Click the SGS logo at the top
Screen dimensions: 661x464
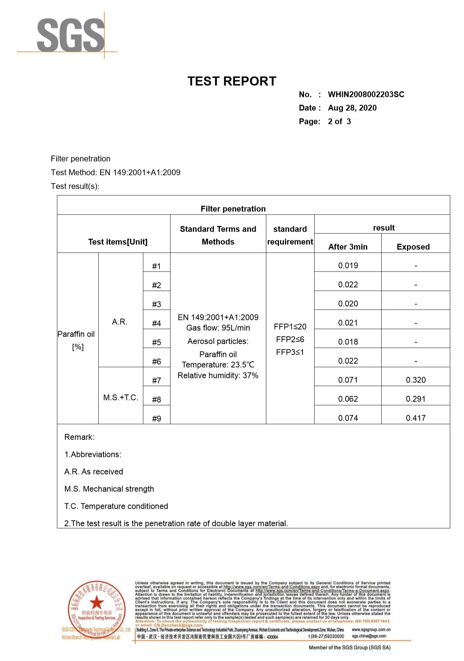(70, 35)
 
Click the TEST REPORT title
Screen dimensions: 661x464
(232, 81)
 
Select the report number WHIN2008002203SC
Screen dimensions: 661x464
(366, 95)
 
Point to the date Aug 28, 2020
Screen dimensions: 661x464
(352, 108)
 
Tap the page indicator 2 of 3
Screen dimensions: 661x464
(339, 122)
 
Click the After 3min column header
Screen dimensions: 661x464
(348, 247)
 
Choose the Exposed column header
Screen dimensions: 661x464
(413, 247)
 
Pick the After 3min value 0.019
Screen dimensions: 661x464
(348, 266)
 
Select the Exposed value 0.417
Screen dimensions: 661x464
(416, 418)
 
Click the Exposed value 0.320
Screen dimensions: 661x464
(416, 380)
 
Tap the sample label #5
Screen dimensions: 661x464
(156, 342)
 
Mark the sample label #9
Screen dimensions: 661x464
(156, 419)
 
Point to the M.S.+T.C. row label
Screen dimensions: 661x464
(121, 397)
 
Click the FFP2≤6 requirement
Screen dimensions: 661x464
(290, 339)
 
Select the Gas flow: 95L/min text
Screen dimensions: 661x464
(218, 328)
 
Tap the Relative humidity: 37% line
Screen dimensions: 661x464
(218, 375)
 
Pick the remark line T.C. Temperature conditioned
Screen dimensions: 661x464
(116, 506)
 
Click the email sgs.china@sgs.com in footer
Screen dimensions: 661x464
(369, 636)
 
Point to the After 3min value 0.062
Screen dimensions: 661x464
(348, 399)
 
